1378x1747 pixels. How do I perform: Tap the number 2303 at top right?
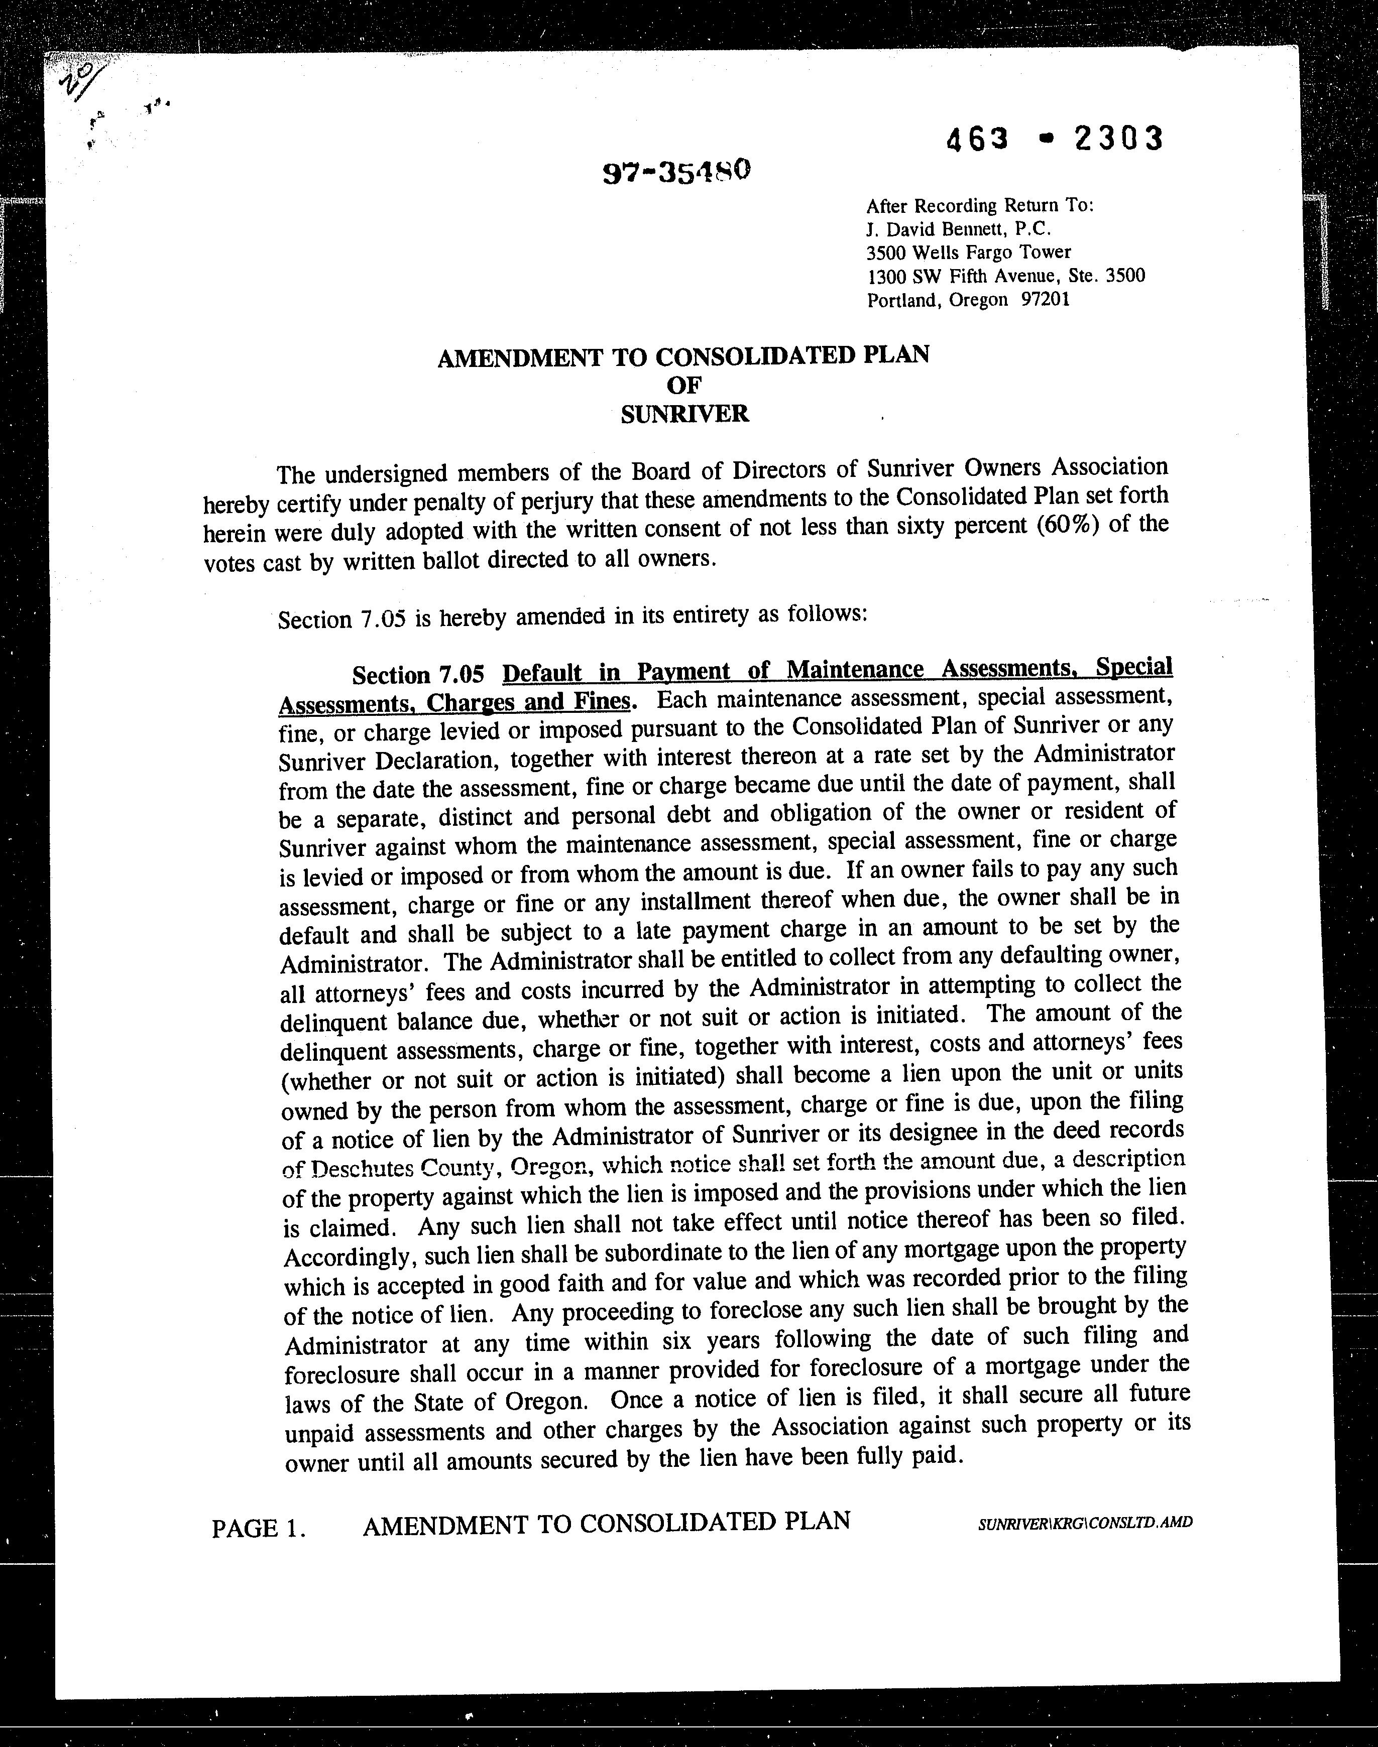click(x=1118, y=140)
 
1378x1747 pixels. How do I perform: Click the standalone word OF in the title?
click(x=684, y=386)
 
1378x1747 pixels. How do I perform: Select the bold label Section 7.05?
click(x=418, y=674)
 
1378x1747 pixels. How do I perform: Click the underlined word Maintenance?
click(x=854, y=670)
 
